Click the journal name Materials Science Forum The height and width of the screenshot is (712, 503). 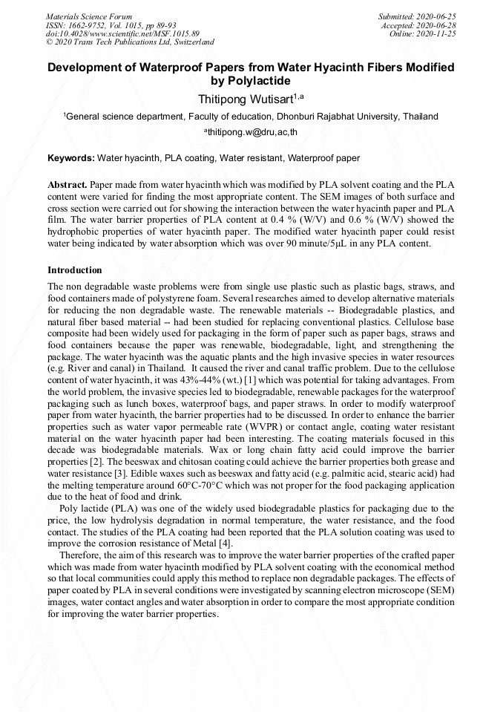[89, 16]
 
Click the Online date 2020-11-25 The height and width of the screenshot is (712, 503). [440, 34]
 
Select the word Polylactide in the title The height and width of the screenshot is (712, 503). [259, 81]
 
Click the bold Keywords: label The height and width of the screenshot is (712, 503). [71, 158]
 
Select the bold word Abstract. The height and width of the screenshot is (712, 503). [68, 183]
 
